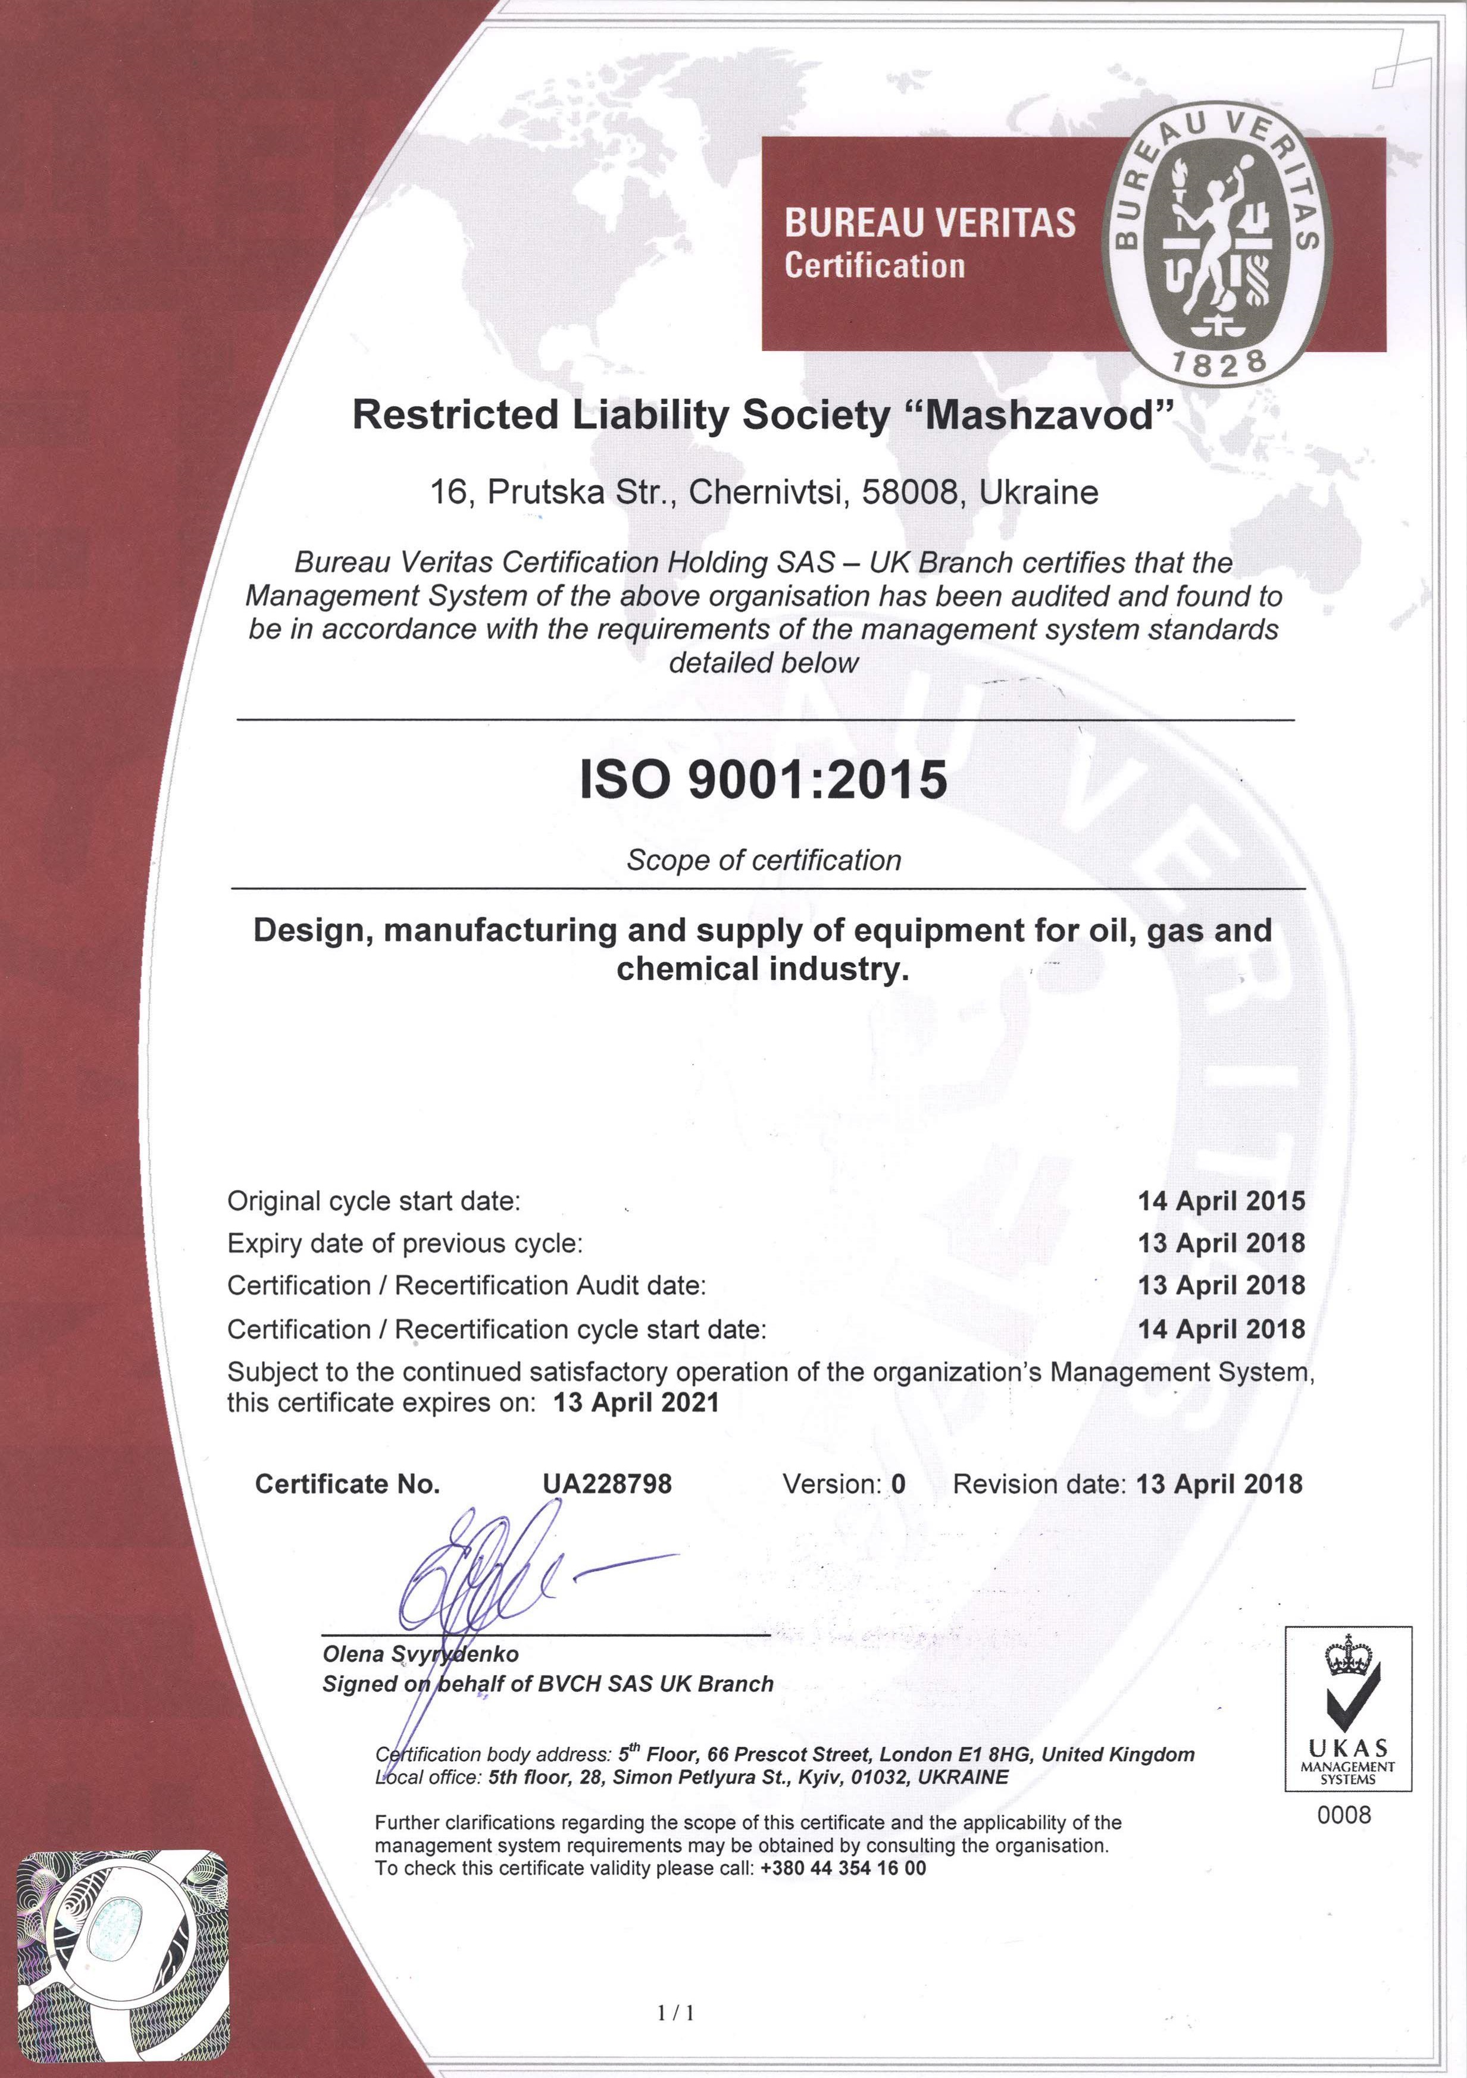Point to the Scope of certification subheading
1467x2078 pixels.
tap(764, 860)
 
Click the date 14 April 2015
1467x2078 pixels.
tap(1221, 1201)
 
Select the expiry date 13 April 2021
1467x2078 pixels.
tap(636, 1403)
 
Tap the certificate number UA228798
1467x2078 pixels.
tap(606, 1484)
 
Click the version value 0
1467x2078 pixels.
tap(898, 1484)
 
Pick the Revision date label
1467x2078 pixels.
tap(1039, 1484)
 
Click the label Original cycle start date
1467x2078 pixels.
tap(374, 1201)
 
